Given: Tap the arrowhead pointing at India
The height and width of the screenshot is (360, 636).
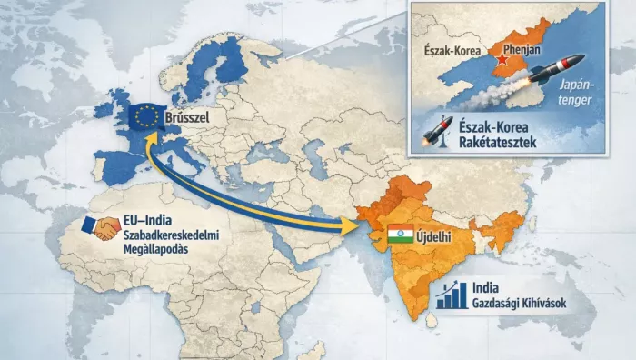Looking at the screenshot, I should (x=350, y=228).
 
